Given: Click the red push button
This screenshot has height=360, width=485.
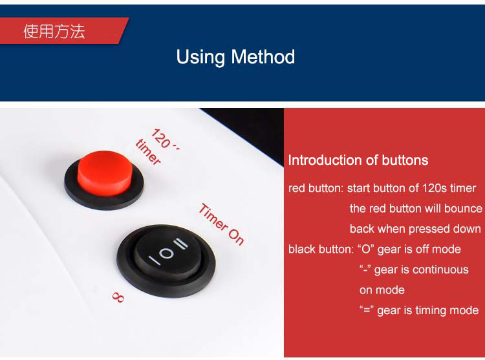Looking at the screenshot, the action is [105, 173].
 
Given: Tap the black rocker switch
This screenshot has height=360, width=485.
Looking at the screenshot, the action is [166, 260].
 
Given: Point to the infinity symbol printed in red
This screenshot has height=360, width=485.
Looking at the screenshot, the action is [118, 297].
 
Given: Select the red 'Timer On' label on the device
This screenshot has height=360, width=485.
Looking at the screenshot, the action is [221, 224].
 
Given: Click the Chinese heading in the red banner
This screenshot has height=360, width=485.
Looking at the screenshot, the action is [54, 31].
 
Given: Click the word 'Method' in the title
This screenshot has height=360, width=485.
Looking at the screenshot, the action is [263, 57].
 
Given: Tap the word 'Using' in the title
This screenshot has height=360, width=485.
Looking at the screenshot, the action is [200, 58].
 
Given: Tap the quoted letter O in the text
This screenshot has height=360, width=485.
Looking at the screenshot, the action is [366, 249].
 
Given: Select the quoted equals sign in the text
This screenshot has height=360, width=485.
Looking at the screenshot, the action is [367, 310].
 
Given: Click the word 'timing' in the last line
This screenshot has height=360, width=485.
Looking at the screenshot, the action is [429, 311].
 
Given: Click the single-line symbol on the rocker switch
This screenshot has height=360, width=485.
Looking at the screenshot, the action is [155, 260].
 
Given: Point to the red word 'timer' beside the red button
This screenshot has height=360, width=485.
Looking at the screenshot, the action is [149, 152].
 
